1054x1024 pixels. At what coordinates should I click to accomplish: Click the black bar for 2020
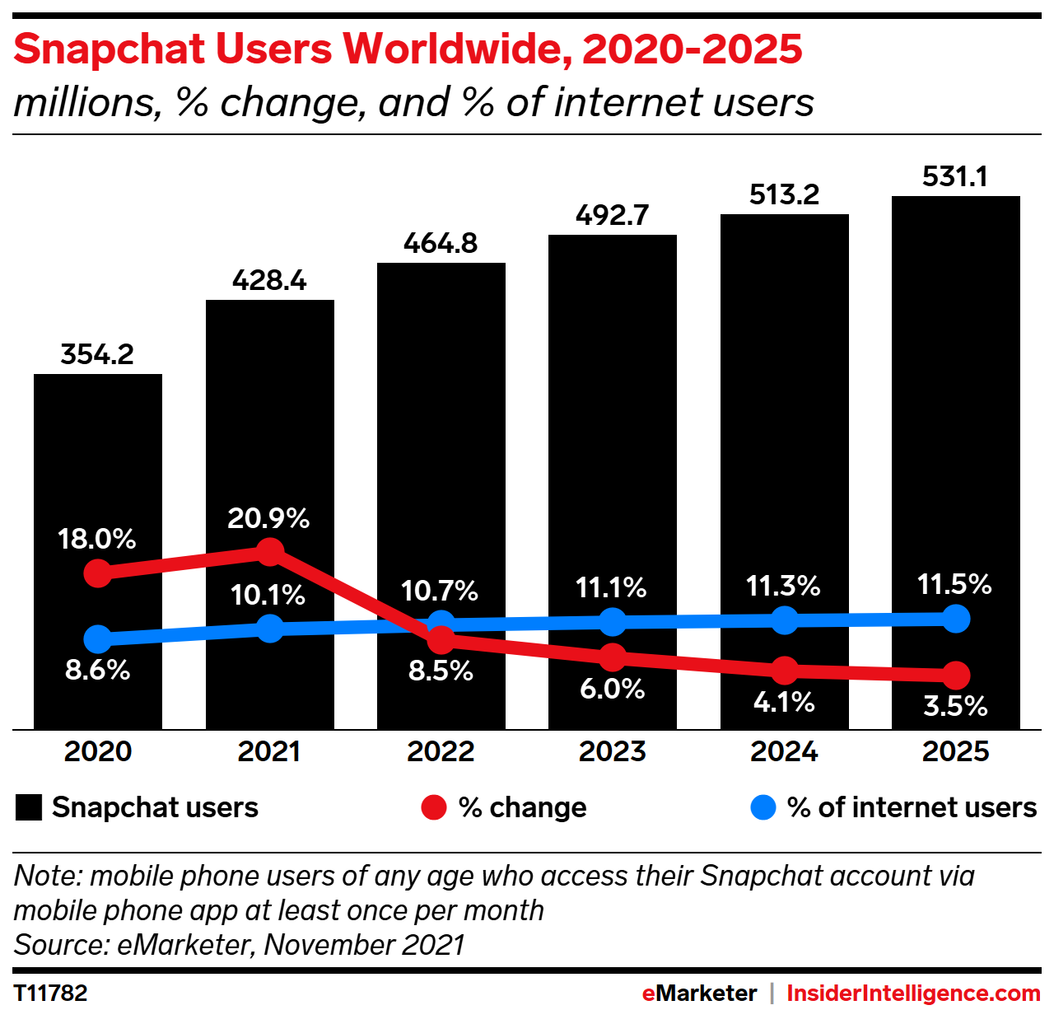pyautogui.click(x=98, y=461)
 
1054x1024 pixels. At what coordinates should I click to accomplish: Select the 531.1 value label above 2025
pyautogui.click(x=954, y=176)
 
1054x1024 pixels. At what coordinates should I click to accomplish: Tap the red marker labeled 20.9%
pyautogui.click(x=269, y=551)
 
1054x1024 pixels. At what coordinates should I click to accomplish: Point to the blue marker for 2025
pyautogui.click(x=955, y=618)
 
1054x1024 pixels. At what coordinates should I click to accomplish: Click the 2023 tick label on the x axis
pyautogui.click(x=612, y=751)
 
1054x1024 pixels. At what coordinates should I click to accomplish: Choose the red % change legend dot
pyautogui.click(x=434, y=807)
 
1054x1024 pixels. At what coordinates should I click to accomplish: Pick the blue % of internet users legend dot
pyautogui.click(x=763, y=807)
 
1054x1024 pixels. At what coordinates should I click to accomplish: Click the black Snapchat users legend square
pyautogui.click(x=29, y=807)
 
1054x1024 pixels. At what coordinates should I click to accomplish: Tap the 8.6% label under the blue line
pyautogui.click(x=97, y=670)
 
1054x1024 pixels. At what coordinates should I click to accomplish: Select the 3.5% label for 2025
pyautogui.click(x=955, y=706)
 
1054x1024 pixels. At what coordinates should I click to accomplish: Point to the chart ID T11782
pyautogui.click(x=50, y=993)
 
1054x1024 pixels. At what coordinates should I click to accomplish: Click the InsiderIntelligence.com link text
pyautogui.click(x=913, y=993)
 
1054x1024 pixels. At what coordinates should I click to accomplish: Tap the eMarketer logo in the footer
pyautogui.click(x=699, y=993)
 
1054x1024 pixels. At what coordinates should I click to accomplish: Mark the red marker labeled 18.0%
pyautogui.click(x=98, y=572)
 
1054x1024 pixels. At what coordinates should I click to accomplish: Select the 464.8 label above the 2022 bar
pyautogui.click(x=441, y=243)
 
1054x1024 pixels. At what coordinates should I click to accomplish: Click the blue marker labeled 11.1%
pyautogui.click(x=612, y=622)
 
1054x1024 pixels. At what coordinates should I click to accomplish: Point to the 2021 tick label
pyautogui.click(x=269, y=751)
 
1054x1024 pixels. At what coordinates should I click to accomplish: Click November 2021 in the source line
pyautogui.click(x=365, y=944)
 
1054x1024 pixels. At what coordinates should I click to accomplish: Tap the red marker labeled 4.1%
pyautogui.click(x=784, y=670)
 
